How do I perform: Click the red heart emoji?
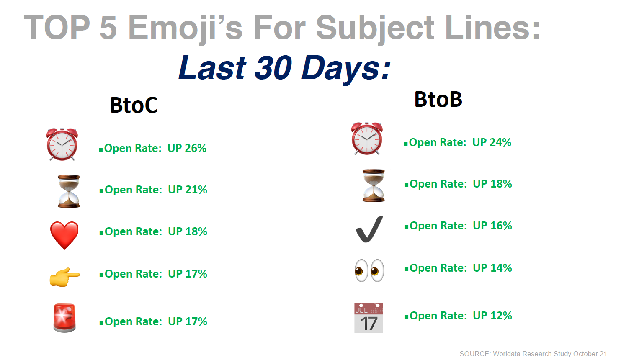point(64,235)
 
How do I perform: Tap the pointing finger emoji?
point(64,277)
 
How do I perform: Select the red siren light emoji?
point(64,318)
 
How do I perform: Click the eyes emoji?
point(370,270)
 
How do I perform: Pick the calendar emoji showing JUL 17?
point(368,318)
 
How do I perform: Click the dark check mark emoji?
point(369,229)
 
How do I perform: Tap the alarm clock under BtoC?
point(62,144)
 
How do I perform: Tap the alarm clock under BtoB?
point(367,138)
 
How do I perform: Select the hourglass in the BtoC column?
point(69,191)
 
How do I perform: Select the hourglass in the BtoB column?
point(374,185)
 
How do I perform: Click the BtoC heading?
point(134,105)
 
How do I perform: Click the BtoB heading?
point(438,99)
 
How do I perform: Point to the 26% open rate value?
point(196,148)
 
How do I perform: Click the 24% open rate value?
point(500,142)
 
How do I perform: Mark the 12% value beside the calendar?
point(501,316)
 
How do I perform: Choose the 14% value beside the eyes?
point(501,268)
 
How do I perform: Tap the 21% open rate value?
point(196,190)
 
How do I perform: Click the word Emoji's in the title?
point(185,28)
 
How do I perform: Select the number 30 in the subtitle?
point(273,68)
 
